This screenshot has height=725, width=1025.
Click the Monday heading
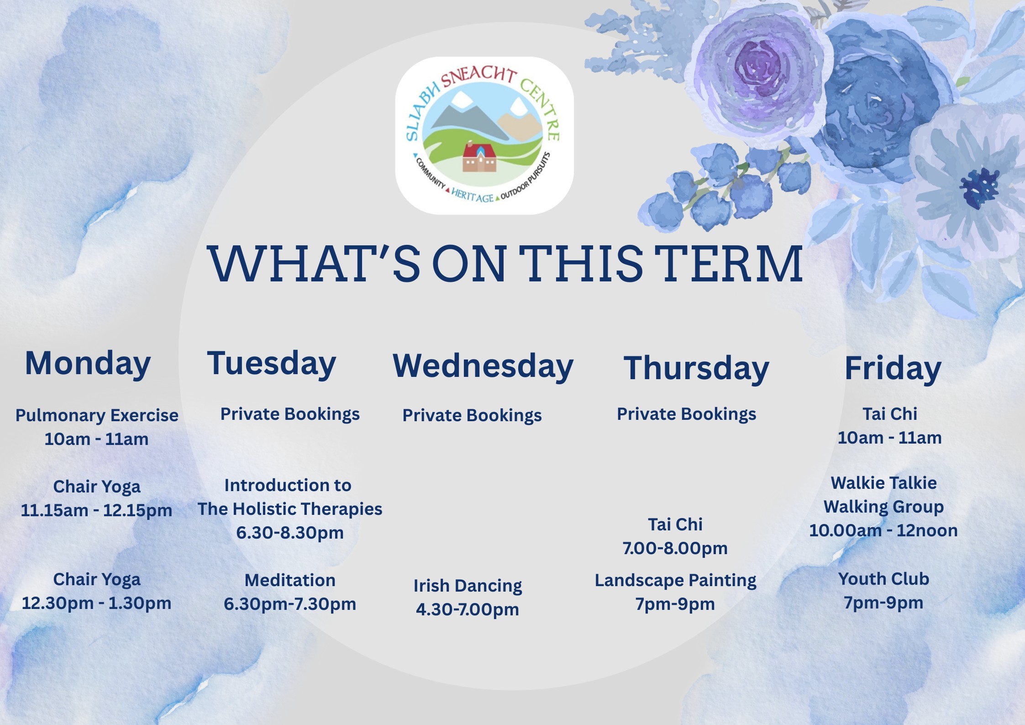point(88,364)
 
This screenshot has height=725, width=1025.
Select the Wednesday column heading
point(483,366)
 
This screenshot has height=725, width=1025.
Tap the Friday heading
point(893,368)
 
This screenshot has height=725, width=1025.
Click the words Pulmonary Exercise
point(97,415)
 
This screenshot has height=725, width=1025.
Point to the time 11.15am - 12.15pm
point(96,510)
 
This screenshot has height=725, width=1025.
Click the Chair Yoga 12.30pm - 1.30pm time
point(96,603)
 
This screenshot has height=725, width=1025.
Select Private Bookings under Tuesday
point(290,414)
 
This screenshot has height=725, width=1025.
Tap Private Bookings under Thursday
point(686,414)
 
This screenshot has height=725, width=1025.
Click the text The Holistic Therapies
point(290,509)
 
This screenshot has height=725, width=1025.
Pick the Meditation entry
point(290,580)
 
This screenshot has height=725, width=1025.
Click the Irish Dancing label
point(468,586)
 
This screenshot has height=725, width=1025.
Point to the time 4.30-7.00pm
point(468,609)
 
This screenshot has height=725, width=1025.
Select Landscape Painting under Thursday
point(675,580)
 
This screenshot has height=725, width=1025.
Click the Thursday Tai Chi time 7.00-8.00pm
point(675,548)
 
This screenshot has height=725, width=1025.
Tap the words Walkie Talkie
point(883,483)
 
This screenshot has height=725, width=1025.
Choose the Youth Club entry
point(883,579)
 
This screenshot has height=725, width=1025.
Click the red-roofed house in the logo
point(479,158)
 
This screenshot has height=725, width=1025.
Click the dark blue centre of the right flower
point(979,188)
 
